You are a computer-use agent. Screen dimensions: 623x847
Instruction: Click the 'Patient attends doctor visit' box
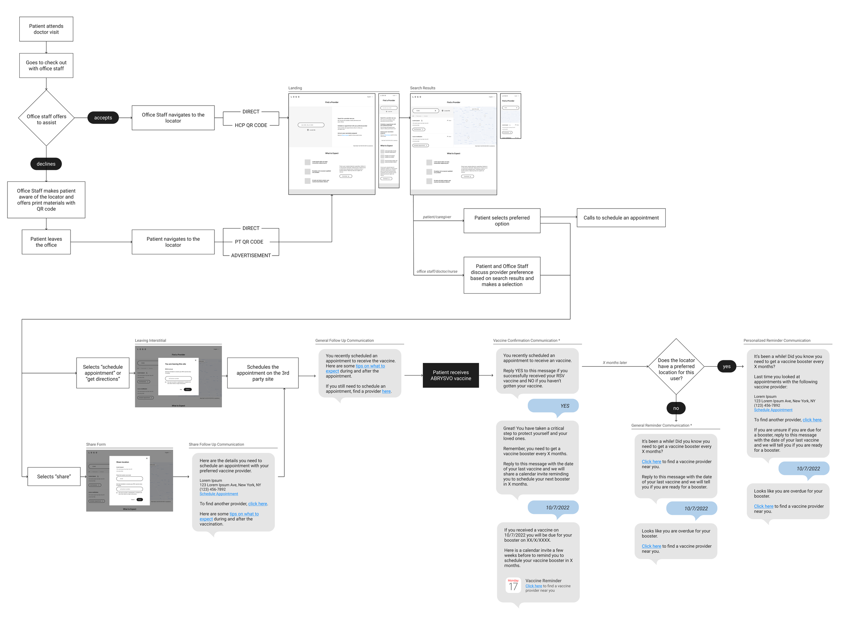point(46,29)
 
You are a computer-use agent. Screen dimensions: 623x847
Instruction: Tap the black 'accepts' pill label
point(103,118)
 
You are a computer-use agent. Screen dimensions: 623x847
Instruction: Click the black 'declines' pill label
point(46,164)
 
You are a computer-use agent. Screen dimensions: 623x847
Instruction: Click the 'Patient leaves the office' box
point(46,242)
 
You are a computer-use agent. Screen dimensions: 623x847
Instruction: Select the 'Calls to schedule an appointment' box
point(621,218)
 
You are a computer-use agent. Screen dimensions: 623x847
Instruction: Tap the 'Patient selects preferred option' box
point(501,221)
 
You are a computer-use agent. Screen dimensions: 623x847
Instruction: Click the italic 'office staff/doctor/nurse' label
point(436,271)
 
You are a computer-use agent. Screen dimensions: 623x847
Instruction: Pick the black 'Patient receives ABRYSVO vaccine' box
point(451,375)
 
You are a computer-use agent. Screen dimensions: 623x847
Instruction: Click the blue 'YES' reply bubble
point(553,406)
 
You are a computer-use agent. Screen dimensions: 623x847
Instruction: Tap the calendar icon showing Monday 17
point(513,585)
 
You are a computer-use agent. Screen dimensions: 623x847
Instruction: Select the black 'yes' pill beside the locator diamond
point(726,366)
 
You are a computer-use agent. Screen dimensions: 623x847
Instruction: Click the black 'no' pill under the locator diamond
point(676,408)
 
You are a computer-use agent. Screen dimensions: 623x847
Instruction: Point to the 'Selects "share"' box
point(54,477)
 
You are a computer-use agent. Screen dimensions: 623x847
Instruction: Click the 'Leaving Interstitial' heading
point(150,340)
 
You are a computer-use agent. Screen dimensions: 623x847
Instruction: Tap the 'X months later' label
point(615,362)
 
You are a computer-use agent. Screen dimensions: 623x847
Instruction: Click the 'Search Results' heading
point(422,88)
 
